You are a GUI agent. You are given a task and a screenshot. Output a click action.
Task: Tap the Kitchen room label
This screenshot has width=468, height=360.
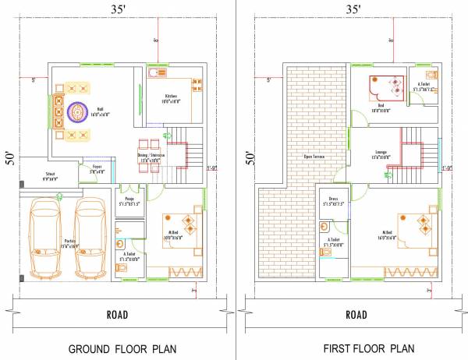coord(171,99)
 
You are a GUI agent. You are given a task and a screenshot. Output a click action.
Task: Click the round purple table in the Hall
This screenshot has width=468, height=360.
coord(78,114)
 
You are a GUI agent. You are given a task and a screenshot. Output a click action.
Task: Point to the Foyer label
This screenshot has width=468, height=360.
coord(97,167)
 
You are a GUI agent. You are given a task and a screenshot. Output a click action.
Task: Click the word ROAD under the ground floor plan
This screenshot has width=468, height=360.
coord(117,316)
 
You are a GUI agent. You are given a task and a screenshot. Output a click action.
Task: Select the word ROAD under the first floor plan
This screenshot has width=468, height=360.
coord(356,316)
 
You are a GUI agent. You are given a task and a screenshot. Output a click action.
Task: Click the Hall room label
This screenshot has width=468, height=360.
coord(100,111)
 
